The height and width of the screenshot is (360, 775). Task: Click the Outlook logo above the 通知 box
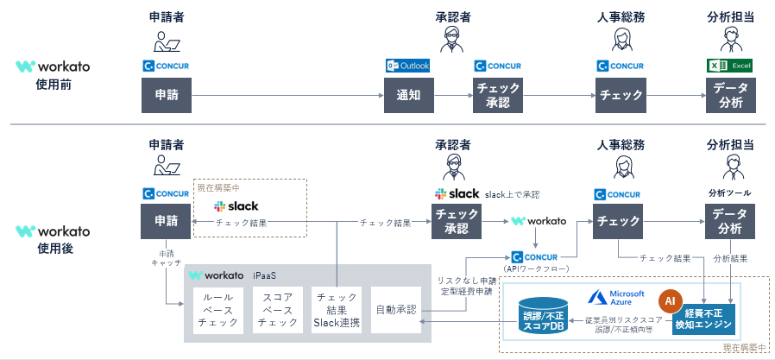coord(407,66)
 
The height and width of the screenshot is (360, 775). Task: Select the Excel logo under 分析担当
coord(729,66)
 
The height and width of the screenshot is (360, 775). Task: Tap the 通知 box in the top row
coord(408,95)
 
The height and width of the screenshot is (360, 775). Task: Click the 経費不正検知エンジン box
coord(707,319)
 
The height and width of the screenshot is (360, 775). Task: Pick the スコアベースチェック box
coord(277,309)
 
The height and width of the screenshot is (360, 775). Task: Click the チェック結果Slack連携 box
coord(337,309)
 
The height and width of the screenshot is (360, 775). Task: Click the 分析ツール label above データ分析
coord(728,193)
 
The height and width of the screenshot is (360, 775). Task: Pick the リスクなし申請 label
coord(465,281)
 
